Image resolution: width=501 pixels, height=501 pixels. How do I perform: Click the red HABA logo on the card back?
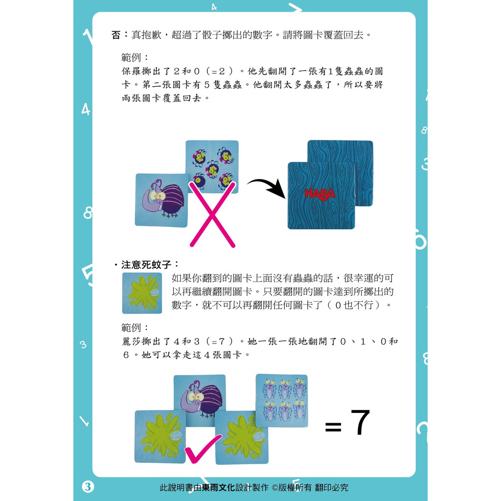click(320, 194)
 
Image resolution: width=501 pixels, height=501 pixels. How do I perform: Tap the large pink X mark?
click(212, 214)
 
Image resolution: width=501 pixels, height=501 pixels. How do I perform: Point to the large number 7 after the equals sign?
click(360, 422)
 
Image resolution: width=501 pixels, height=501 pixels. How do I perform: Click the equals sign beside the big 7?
click(333, 427)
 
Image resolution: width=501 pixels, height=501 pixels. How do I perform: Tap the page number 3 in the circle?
click(88, 487)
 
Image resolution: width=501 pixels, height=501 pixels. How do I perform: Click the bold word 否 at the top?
click(116, 35)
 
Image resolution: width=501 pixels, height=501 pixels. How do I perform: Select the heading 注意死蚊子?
click(146, 265)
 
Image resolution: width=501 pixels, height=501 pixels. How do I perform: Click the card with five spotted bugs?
click(212, 167)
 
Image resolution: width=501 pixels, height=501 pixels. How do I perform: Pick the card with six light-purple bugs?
click(282, 400)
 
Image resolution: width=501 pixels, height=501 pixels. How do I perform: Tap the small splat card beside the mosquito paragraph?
click(142, 293)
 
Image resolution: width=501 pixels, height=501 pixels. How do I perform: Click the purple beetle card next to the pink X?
click(161, 200)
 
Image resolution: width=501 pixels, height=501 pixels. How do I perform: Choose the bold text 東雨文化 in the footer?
click(219, 488)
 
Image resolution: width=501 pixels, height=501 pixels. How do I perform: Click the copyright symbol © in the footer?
click(275, 488)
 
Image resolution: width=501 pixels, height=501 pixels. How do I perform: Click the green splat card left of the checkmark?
click(160, 437)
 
